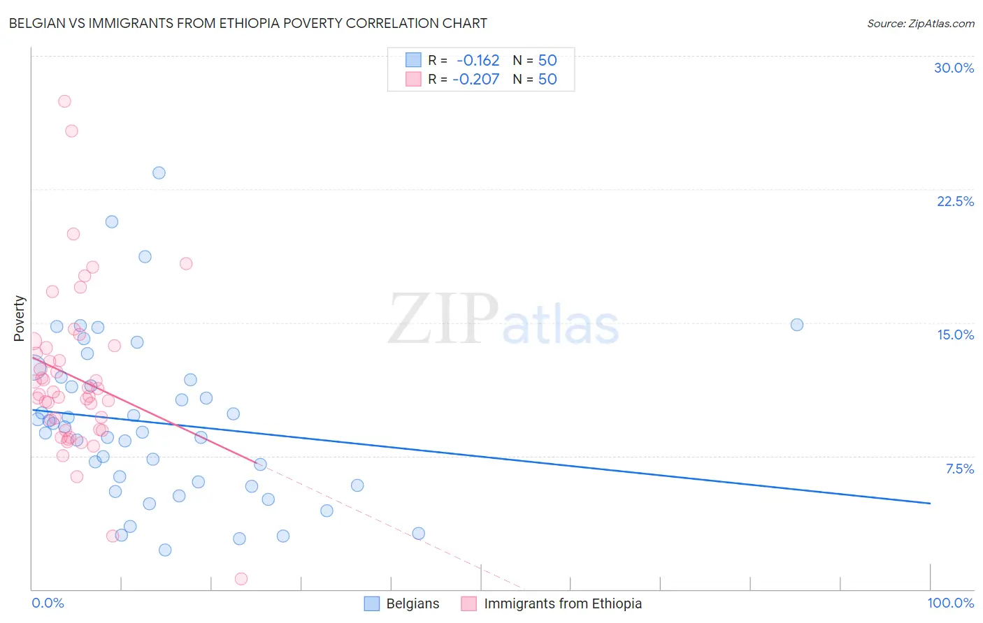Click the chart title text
tap(248, 23)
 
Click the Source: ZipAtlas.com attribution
tap(920, 23)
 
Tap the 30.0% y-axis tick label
tap(954, 68)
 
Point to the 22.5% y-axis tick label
tap(955, 201)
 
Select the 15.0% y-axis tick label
tap(955, 335)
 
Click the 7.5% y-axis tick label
tap(959, 469)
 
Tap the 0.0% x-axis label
tap(48, 603)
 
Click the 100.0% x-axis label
tap(950, 603)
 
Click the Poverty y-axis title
tap(19, 318)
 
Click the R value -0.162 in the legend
tap(478, 60)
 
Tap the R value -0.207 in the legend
tap(475, 79)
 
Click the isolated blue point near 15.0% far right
tap(796, 325)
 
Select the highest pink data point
tap(64, 101)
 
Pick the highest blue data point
tap(159, 173)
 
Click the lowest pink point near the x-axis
tap(241, 578)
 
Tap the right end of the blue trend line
tap(930, 503)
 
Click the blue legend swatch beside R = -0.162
tap(413, 60)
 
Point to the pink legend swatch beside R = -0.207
tap(413, 79)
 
